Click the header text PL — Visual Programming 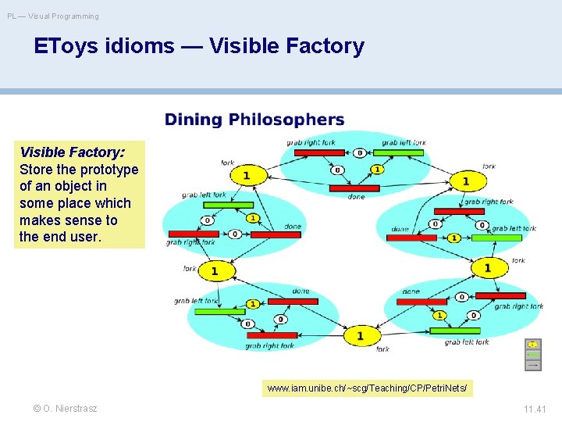point(53,16)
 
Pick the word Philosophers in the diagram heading point(285,120)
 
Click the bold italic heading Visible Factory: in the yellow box point(72,152)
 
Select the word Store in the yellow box point(37,170)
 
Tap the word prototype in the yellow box point(109,170)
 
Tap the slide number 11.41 point(535,409)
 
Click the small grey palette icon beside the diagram point(532,355)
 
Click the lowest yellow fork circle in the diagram point(360,335)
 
